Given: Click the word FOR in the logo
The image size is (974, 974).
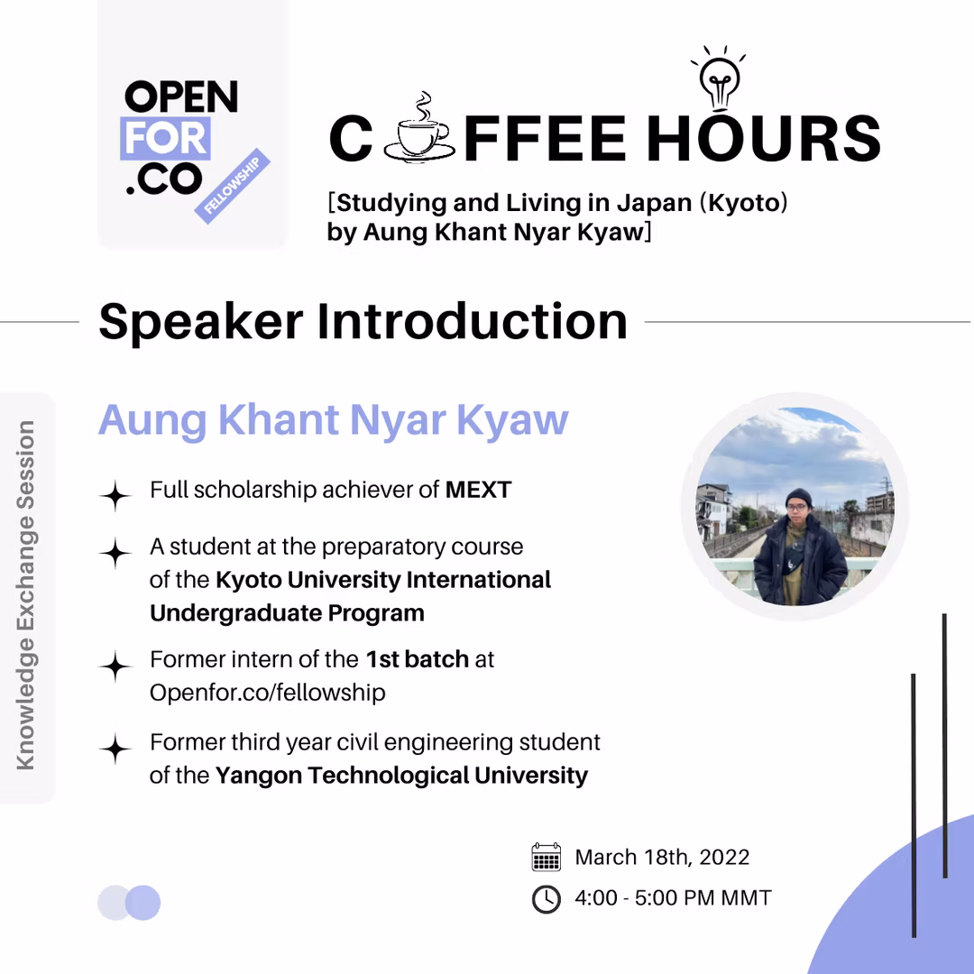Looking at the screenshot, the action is point(165,138).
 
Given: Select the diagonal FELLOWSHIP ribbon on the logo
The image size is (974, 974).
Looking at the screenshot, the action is point(233,186).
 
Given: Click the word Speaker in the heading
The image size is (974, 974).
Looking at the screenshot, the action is point(200,323).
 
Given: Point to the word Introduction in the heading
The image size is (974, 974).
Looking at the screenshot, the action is point(472,321).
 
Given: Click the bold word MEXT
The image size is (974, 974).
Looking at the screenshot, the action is point(478,490).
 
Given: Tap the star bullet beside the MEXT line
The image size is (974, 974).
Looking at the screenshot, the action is point(115,496).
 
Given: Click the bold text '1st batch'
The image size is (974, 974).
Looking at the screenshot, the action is point(417,659).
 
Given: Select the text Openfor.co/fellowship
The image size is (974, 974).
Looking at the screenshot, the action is point(268,693).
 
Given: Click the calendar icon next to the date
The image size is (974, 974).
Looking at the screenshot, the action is point(547,858).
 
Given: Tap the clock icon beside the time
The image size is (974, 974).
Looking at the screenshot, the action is point(547,899).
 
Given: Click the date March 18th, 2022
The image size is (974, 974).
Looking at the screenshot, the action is point(662,858).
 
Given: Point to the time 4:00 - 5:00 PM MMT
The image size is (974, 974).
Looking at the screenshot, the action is point(674,898).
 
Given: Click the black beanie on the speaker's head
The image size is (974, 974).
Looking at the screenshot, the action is point(798,497).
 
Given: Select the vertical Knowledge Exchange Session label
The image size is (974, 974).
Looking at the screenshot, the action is point(25,595).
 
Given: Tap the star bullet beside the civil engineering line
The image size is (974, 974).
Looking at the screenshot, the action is point(115,749).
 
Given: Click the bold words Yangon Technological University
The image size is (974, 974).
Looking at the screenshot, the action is point(402,776).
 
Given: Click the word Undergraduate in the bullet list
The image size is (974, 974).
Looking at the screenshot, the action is point(235,614).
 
